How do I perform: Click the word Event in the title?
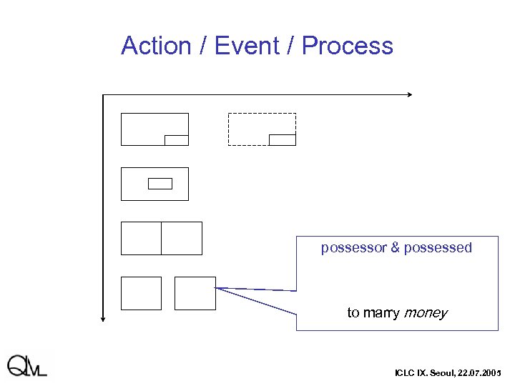click(x=240, y=46)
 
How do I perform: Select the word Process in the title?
click(x=347, y=46)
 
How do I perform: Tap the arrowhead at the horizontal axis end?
click(x=409, y=94)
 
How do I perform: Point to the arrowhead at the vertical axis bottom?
click(x=104, y=318)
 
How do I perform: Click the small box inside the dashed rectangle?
click(x=282, y=139)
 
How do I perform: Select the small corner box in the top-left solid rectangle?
click(x=176, y=140)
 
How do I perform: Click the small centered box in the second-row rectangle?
click(x=160, y=184)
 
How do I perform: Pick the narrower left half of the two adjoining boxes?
click(x=141, y=238)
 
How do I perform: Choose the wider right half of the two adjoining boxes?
click(x=182, y=238)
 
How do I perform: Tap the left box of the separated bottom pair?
click(x=141, y=293)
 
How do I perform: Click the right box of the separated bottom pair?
click(x=195, y=293)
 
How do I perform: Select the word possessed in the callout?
click(x=438, y=248)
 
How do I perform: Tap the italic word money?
click(x=426, y=313)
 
